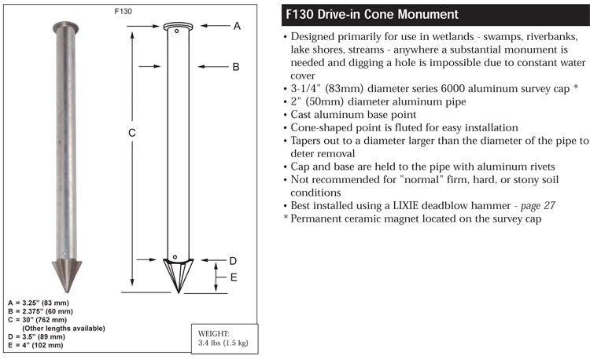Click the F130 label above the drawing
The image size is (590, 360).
tap(123, 11)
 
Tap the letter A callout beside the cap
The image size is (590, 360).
tap(237, 26)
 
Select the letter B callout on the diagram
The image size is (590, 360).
tap(236, 67)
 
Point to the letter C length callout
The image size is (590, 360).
tap(131, 133)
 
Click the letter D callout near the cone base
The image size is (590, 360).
tap(233, 261)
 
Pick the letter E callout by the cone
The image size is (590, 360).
tap(234, 277)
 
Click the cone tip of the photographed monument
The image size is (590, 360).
tap(67, 292)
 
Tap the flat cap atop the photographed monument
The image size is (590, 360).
tap(65, 27)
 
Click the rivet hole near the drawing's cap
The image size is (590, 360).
tap(176, 31)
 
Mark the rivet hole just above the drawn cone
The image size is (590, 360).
tap(175, 257)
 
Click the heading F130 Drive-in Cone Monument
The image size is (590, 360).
tap(372, 14)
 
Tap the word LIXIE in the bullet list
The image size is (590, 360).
tap(406, 206)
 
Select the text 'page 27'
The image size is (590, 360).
tap(538, 206)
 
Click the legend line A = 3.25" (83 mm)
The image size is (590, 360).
tap(39, 303)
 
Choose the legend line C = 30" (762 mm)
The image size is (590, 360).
tap(37, 320)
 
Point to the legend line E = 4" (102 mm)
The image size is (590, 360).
tap(35, 345)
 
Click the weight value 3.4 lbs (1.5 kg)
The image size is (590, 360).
tap(223, 343)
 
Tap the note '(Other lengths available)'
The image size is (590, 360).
tap(64, 329)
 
